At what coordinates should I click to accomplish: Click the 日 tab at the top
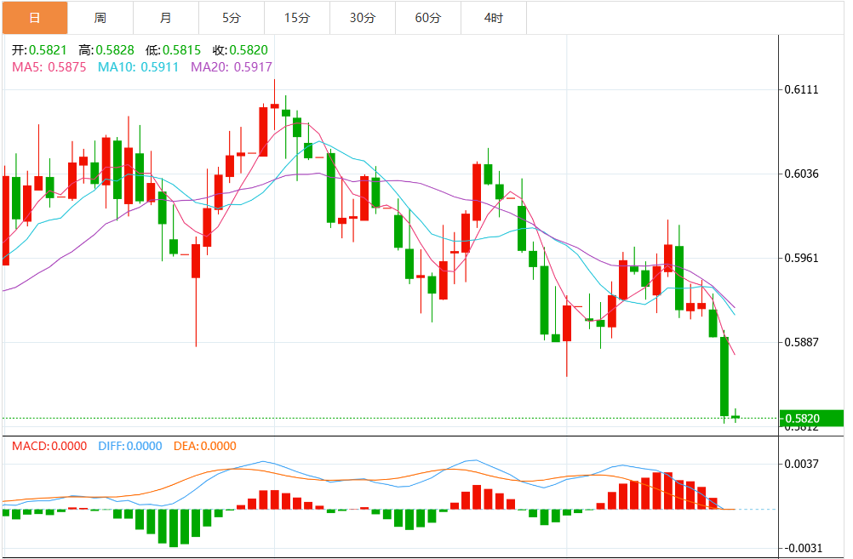tap(34, 17)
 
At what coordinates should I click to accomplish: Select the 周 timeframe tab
tap(100, 17)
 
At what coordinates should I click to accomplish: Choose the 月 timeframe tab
tap(166, 17)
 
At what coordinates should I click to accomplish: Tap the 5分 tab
tap(232, 17)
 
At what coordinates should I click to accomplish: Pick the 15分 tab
tap(297, 17)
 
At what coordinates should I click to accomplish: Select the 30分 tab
tap(363, 17)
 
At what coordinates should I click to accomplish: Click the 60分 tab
tap(428, 17)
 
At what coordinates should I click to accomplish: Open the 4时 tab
tap(494, 17)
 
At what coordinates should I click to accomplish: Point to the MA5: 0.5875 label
tap(49, 66)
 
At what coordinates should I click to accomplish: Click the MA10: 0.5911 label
tap(139, 66)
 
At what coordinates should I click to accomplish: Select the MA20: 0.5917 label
tap(232, 66)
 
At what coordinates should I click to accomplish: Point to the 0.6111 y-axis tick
tap(801, 90)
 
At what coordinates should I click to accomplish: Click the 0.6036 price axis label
tap(801, 174)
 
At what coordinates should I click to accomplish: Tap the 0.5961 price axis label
tap(801, 258)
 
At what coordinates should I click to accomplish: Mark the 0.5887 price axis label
tap(801, 342)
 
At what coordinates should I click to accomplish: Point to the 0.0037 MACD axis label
tap(801, 464)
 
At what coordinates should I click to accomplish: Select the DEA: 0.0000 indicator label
tap(205, 446)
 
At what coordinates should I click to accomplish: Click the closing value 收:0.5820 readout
tap(240, 50)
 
